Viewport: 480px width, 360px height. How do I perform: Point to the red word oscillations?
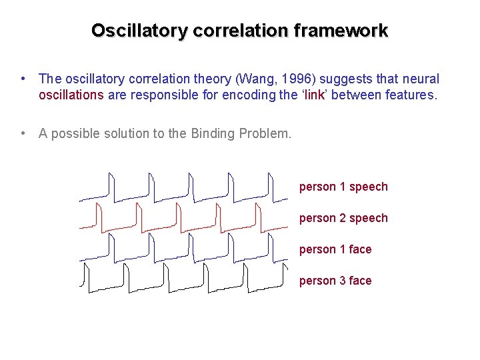pyautogui.click(x=71, y=95)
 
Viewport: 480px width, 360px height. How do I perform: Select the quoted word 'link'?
pyautogui.click(x=313, y=95)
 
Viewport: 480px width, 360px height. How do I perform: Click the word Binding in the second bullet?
pyautogui.click(x=211, y=133)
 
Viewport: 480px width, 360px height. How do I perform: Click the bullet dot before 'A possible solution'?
pyautogui.click(x=23, y=133)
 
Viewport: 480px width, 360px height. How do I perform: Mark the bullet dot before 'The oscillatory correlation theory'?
pyautogui.click(x=23, y=79)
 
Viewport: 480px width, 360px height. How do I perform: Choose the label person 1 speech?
pyautogui.click(x=343, y=187)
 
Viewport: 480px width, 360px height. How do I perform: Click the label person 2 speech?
pyautogui.click(x=343, y=218)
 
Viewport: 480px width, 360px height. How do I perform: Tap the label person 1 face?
pyautogui.click(x=335, y=249)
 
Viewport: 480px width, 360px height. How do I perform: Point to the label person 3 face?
pyautogui.click(x=335, y=281)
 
